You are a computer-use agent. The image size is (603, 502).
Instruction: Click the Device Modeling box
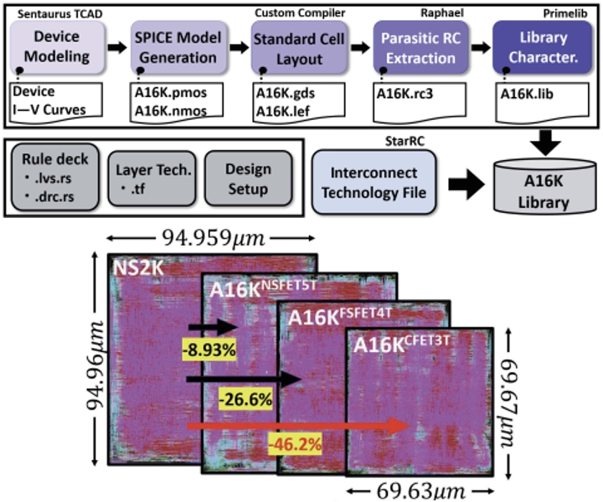(57, 47)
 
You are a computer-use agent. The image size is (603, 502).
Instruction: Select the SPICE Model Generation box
(178, 47)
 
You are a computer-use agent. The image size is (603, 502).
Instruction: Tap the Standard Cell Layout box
(299, 47)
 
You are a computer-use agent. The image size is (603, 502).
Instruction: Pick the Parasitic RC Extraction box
(420, 47)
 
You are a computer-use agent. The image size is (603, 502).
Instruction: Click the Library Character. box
(543, 47)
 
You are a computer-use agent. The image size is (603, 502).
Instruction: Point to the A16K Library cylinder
(544, 186)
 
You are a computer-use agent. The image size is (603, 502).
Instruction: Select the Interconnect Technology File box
(374, 182)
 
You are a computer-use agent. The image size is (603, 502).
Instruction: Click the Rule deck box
(55, 177)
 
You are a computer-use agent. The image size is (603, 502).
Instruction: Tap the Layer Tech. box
(152, 179)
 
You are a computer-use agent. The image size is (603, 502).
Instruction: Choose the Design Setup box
(249, 179)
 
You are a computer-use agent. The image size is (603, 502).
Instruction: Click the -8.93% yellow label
(209, 350)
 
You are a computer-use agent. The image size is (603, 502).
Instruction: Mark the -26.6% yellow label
(245, 400)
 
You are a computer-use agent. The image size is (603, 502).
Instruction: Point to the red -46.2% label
(295, 445)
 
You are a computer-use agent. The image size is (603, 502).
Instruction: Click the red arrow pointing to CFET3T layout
(299, 426)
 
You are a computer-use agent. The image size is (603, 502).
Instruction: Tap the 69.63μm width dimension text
(420, 491)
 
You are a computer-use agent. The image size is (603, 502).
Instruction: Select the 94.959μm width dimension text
(214, 238)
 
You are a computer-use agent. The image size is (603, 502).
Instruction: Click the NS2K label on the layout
(138, 267)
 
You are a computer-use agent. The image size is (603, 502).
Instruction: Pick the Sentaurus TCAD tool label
(60, 14)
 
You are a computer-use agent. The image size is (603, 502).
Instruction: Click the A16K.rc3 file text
(405, 94)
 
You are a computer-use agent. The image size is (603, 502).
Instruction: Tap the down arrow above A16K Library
(545, 142)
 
